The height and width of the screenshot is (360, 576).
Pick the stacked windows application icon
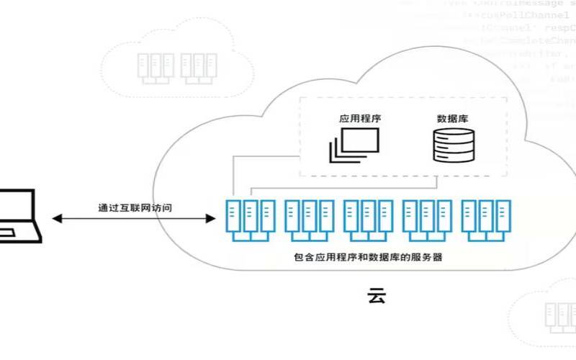pos(353,145)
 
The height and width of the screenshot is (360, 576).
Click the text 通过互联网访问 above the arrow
pos(135,207)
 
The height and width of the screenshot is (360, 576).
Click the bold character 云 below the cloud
pos(376,296)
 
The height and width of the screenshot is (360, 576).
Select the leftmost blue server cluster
pos(250,219)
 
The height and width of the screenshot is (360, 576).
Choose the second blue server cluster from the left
pos(308,219)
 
